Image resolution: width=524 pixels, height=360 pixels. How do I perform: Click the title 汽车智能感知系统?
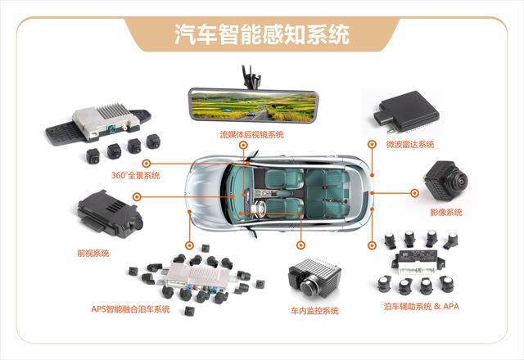tap(262, 34)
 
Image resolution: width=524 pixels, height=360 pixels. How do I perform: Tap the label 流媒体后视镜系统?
tap(251, 134)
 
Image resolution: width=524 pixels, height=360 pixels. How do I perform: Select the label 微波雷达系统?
tap(410, 144)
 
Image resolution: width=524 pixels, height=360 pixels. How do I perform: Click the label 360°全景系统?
tap(135, 175)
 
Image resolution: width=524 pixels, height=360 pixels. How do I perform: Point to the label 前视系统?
tap(93, 253)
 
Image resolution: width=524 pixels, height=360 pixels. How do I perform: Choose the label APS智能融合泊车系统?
tap(130, 309)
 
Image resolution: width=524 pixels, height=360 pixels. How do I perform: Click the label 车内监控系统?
tap(314, 311)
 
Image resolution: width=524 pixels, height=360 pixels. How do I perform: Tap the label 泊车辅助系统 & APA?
tap(422, 306)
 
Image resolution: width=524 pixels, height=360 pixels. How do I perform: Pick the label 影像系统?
tap(446, 212)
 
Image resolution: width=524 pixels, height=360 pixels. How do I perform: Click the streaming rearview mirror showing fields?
tap(253, 106)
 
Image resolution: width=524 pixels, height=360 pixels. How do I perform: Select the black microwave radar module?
tap(407, 111)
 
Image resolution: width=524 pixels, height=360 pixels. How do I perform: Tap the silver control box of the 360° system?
tap(106, 121)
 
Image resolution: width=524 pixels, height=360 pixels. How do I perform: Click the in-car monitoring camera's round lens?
tap(308, 286)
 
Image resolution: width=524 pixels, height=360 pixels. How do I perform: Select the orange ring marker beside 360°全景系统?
tap(146, 164)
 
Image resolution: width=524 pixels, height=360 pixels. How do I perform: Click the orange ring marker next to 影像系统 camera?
tap(414, 193)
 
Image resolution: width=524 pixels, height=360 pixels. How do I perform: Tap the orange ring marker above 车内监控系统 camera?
tap(300, 245)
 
